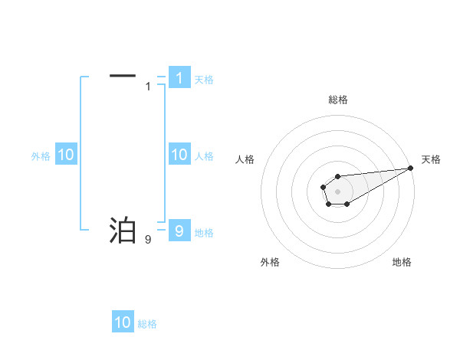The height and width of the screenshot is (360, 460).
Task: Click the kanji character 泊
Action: click(123, 229)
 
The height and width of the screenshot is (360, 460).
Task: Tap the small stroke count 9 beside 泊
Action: click(148, 239)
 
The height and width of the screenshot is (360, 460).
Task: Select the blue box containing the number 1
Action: click(179, 77)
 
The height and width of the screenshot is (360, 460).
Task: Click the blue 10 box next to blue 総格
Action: click(123, 322)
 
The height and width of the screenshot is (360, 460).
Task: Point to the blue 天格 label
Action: click(204, 79)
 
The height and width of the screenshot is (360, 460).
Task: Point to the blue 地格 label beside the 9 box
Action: click(204, 232)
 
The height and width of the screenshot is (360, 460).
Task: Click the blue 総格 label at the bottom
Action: click(147, 324)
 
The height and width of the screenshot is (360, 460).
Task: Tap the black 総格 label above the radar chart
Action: click(338, 100)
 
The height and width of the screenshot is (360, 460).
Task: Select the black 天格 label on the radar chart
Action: click(431, 159)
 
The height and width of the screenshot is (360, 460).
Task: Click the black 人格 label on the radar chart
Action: click(245, 159)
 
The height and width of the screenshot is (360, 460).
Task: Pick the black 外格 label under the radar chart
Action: click(270, 262)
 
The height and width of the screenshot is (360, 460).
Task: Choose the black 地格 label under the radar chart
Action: click(402, 262)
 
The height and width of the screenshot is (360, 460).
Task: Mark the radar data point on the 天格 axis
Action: click(410, 168)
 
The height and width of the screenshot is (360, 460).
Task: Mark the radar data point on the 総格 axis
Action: click(337, 177)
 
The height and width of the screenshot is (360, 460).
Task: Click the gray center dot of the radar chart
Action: click(337, 190)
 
